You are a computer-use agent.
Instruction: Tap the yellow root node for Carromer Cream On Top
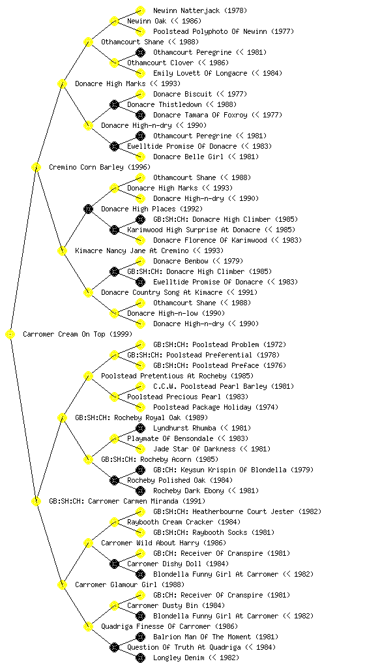pos(10,335)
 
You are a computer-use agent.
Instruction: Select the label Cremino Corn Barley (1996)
pos(100,167)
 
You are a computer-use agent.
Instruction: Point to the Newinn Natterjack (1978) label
pos(200,10)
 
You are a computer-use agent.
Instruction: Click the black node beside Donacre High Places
pos(88,209)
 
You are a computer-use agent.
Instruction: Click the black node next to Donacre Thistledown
pos(114,104)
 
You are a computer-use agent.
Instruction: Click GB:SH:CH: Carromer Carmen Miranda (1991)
pos(127,501)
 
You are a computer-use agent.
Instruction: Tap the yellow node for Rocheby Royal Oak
pos(62,417)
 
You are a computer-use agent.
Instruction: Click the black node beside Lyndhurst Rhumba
pos(140,428)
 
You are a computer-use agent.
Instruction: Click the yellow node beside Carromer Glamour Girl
pos(62,584)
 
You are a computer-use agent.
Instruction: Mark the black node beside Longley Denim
pos(140,658)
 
